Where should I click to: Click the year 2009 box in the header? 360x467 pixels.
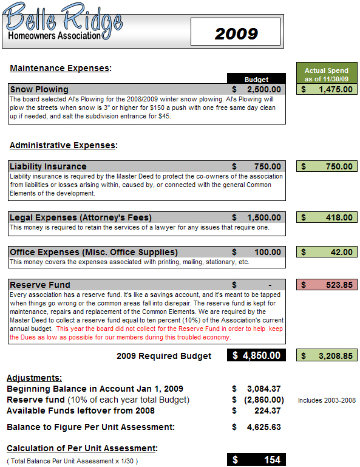236,33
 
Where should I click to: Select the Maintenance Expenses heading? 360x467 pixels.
61,68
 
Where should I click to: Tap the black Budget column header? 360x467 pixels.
256,79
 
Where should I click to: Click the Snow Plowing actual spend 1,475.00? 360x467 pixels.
327,89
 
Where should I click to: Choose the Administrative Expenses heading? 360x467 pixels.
63,145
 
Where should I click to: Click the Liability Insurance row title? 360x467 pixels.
49,166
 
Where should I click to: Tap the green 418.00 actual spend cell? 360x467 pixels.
327,217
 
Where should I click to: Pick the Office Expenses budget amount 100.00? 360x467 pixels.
267,252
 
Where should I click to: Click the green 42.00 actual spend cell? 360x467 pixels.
327,252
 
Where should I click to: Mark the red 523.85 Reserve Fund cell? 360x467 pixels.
327,285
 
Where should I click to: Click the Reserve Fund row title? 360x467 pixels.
40,285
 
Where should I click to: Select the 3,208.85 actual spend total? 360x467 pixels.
327,356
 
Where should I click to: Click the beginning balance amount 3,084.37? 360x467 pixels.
262,389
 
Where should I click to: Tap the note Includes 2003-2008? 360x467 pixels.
327,400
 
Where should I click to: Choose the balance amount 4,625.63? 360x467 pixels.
262,427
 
